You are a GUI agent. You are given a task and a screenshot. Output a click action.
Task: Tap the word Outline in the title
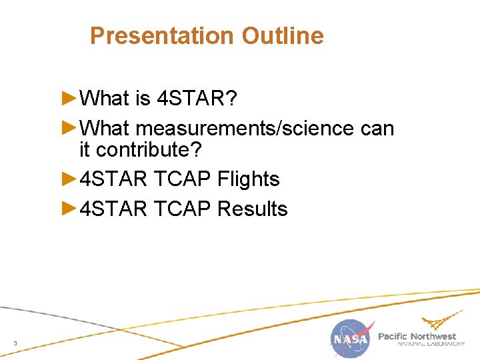(283, 36)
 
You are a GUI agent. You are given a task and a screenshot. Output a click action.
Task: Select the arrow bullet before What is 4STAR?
(69, 98)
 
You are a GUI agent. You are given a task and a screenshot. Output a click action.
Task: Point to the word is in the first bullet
(143, 99)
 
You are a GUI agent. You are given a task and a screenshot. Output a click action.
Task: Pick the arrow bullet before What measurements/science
(69, 127)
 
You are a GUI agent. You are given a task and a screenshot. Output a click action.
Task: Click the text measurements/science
(245, 128)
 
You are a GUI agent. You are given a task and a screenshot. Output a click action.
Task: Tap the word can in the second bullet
(377, 128)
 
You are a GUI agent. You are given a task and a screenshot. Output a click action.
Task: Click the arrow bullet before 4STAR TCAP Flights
(69, 178)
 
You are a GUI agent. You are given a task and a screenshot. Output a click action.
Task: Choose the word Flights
(249, 179)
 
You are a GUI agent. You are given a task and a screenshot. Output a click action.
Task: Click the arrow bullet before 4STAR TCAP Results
(69, 208)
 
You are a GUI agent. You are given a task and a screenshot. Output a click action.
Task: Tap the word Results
(253, 209)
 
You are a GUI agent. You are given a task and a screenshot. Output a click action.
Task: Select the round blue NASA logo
(351, 339)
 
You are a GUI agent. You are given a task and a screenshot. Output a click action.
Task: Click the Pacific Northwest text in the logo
(417, 336)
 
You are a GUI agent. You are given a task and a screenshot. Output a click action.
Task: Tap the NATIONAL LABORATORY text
(431, 345)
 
